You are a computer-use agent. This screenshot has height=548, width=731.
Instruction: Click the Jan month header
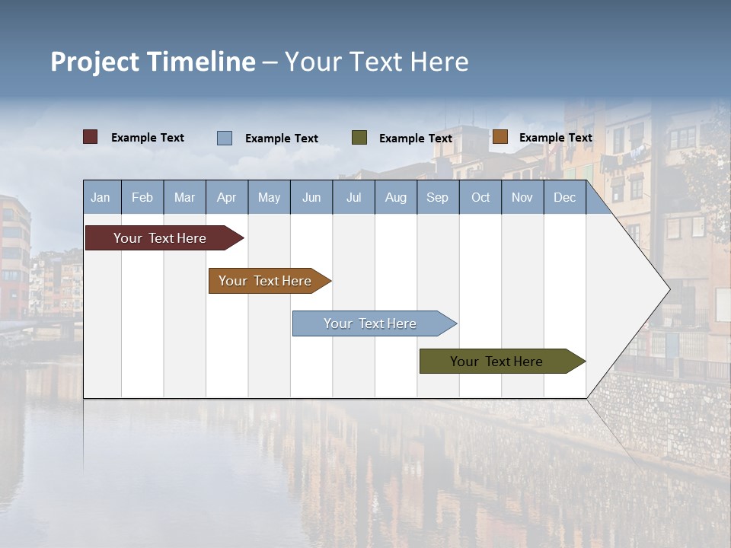[101, 197]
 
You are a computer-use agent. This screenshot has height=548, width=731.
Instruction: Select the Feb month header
[142, 197]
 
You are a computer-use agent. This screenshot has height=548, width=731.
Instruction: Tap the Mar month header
[184, 197]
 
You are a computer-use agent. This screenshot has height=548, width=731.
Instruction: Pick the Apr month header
[226, 197]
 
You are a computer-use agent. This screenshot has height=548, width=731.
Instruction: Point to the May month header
[269, 197]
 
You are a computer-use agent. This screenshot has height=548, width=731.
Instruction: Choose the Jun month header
[311, 197]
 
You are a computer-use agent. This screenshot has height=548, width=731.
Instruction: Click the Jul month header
[353, 197]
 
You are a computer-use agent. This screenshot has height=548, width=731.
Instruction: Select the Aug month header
[396, 197]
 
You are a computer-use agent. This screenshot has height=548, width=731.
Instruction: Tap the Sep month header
[438, 197]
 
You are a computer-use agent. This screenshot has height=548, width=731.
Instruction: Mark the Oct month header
[480, 197]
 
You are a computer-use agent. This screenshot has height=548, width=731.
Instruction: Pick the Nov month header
[522, 197]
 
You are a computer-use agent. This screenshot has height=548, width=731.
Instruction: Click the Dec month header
[565, 197]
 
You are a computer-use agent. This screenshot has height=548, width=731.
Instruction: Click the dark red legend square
[91, 137]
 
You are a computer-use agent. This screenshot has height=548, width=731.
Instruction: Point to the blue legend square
[225, 138]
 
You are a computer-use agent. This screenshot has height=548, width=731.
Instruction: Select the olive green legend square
[359, 138]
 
